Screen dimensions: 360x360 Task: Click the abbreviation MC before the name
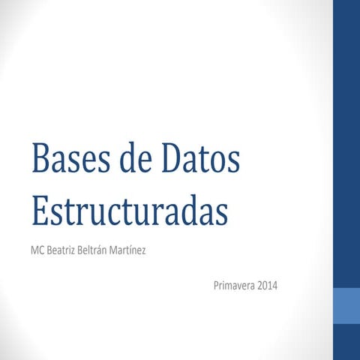[38, 248]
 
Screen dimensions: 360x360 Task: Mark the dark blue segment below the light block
[346, 342]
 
